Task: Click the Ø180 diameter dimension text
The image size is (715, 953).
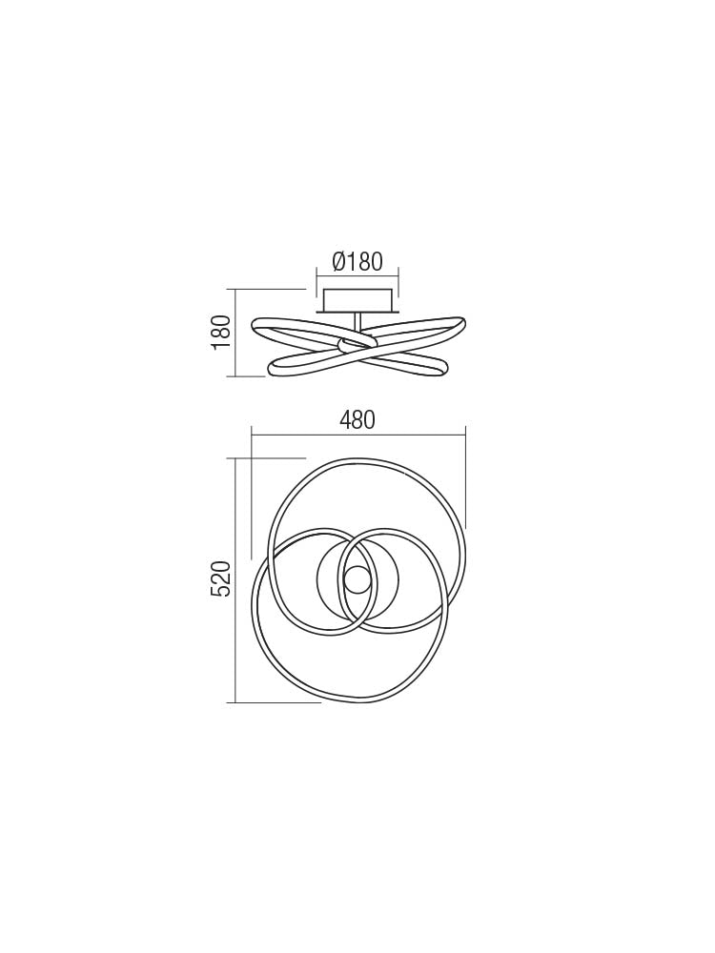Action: tap(357, 262)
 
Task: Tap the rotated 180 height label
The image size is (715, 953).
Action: tap(221, 331)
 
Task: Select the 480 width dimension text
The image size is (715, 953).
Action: tap(357, 420)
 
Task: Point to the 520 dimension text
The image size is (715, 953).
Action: tap(221, 578)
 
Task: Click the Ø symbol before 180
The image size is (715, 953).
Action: tap(339, 262)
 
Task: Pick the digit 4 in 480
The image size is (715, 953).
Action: tap(345, 420)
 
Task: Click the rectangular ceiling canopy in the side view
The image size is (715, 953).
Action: tap(357, 300)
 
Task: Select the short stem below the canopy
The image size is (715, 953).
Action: tap(357, 322)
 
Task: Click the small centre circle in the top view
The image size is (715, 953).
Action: tap(357, 579)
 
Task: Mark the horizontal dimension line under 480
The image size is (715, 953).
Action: tap(357, 435)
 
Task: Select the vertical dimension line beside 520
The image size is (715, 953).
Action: tap(235, 578)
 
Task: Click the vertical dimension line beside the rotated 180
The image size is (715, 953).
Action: tap(235, 333)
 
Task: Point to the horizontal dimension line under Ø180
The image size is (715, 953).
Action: tap(357, 275)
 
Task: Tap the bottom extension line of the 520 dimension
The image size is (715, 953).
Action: tap(276, 702)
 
